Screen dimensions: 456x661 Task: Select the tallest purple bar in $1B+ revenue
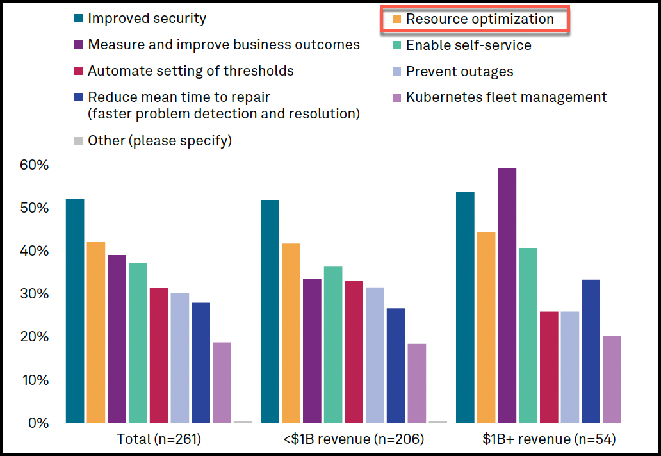[507, 295]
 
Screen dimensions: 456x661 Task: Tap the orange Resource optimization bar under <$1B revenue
[291, 333]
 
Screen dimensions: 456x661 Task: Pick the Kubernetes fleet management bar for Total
[222, 382]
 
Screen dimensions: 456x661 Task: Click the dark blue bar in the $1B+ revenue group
[591, 351]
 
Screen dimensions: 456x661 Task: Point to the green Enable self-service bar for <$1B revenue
[332, 345]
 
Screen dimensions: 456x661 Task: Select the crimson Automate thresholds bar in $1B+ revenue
[549, 367]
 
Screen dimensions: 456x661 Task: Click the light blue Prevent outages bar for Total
[180, 357]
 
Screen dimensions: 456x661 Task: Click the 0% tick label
[38, 423]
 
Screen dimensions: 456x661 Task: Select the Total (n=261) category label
[159, 439]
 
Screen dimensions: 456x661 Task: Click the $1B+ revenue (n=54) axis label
[549, 439]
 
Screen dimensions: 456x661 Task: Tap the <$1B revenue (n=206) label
[354, 439]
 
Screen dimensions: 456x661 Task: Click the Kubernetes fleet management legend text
[506, 97]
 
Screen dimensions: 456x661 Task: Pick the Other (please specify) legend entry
[159, 141]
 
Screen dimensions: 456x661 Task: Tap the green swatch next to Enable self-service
[396, 45]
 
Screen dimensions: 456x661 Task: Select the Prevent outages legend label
[459, 72]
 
